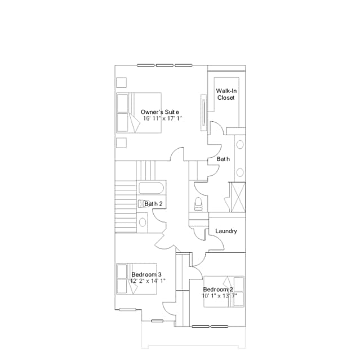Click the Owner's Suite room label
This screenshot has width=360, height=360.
click(160, 112)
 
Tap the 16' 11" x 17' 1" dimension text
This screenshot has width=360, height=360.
click(162, 119)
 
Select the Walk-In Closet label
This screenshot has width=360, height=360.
click(226, 94)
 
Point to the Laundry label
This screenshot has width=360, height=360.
click(226, 231)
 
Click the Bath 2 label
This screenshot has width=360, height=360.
click(153, 203)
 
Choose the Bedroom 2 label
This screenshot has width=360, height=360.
click(218, 289)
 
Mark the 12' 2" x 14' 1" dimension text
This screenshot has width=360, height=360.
click(148, 281)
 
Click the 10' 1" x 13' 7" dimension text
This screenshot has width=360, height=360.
click(220, 295)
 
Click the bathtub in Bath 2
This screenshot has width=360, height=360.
click(150, 188)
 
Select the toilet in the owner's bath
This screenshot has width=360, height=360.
click(198, 203)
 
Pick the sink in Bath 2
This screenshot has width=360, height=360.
click(143, 221)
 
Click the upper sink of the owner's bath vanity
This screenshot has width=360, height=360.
click(239, 144)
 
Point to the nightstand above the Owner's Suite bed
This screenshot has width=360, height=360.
click(121, 82)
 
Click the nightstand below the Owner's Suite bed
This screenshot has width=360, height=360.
click(121, 142)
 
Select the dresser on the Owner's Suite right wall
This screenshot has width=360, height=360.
click(202, 113)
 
